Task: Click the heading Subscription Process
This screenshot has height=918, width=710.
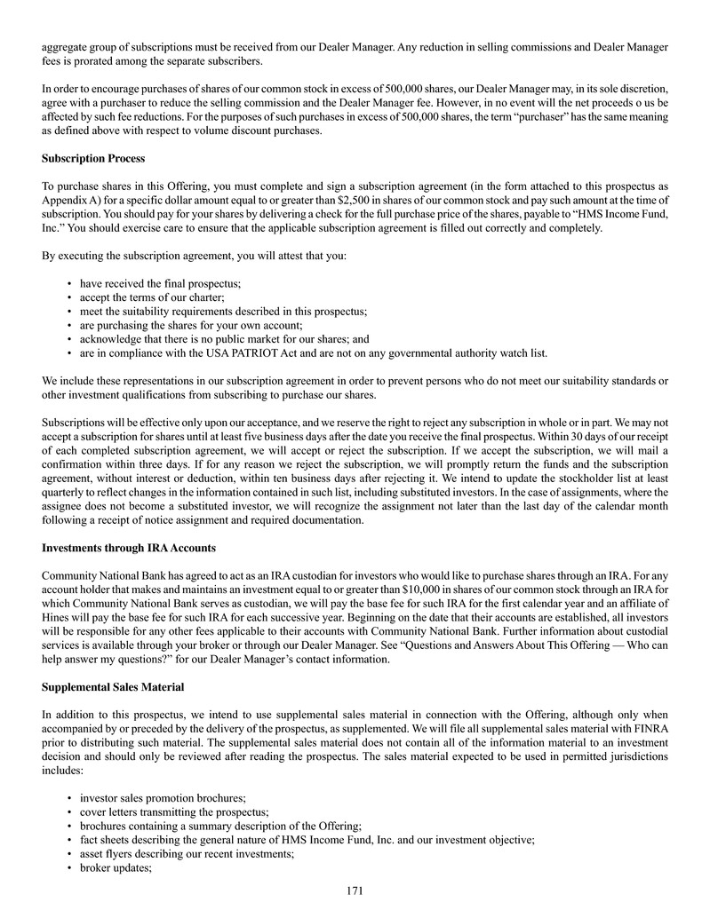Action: click(x=93, y=159)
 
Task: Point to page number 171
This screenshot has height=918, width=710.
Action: click(x=355, y=890)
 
